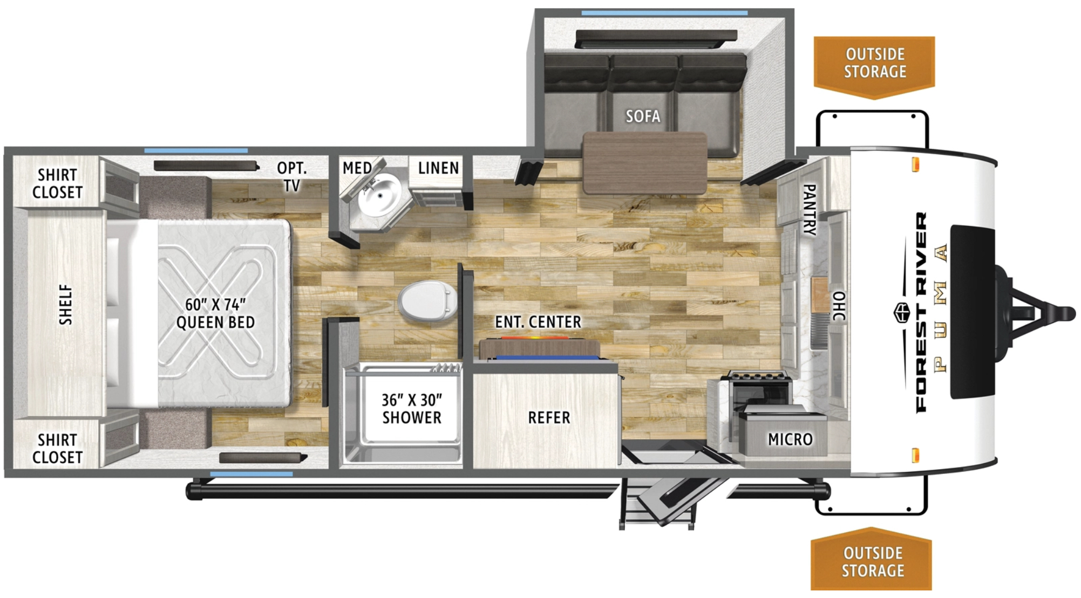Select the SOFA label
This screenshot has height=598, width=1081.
point(643,116)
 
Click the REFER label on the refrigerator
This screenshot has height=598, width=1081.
point(549,417)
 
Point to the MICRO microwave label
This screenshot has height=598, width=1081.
point(790,439)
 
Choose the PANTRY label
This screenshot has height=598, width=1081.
point(809,209)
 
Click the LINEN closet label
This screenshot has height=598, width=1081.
point(438,168)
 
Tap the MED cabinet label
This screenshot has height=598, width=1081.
point(357,168)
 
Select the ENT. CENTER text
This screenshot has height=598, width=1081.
point(538,322)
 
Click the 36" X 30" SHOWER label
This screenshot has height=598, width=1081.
point(412,409)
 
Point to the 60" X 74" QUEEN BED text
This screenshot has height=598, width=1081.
point(215,313)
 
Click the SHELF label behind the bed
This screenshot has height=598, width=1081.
point(65,305)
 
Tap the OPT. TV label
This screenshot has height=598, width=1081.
point(292,177)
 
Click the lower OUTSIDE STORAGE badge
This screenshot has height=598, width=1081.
point(872,559)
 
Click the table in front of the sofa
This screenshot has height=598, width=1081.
point(645,163)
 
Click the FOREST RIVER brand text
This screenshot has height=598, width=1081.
point(922,312)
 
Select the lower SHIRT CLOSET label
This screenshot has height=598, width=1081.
point(57,449)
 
